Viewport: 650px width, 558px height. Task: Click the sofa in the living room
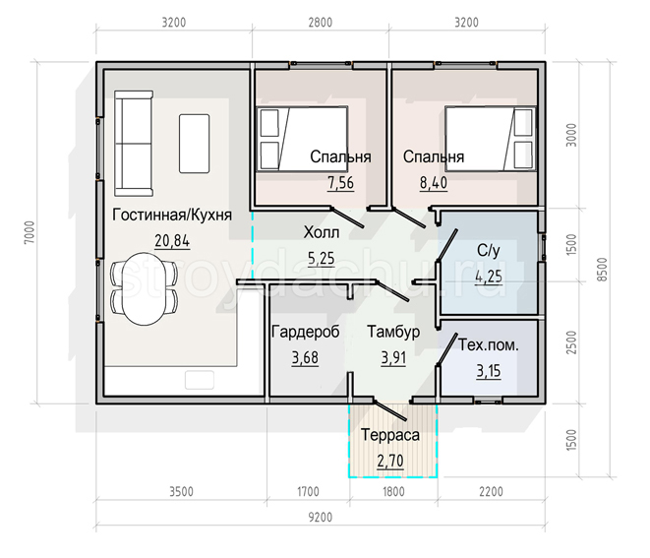click(134, 144)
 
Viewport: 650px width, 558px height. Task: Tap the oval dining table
click(145, 288)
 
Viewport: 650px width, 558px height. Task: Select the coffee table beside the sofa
click(194, 144)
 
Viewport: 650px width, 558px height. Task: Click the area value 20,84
click(172, 241)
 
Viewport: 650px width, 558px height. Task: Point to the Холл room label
click(322, 232)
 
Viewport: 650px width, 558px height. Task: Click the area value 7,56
click(341, 183)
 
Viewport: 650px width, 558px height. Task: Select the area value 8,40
click(434, 183)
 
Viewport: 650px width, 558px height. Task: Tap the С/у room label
click(489, 251)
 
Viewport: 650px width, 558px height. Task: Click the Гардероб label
click(305, 332)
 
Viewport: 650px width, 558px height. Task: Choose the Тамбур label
click(393, 332)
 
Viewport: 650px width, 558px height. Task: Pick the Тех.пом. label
click(489, 345)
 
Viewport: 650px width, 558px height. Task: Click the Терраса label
click(390, 435)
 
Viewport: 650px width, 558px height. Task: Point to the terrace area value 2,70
click(390, 461)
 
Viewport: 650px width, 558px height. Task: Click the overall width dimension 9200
click(321, 518)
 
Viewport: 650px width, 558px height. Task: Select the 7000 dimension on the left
click(30, 232)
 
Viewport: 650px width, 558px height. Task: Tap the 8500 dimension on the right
click(603, 270)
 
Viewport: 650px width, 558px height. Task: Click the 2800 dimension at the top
click(321, 22)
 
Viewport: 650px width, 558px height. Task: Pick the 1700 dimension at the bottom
click(308, 492)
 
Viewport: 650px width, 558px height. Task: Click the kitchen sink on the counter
click(200, 380)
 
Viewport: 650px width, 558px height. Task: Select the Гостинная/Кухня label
click(172, 215)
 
